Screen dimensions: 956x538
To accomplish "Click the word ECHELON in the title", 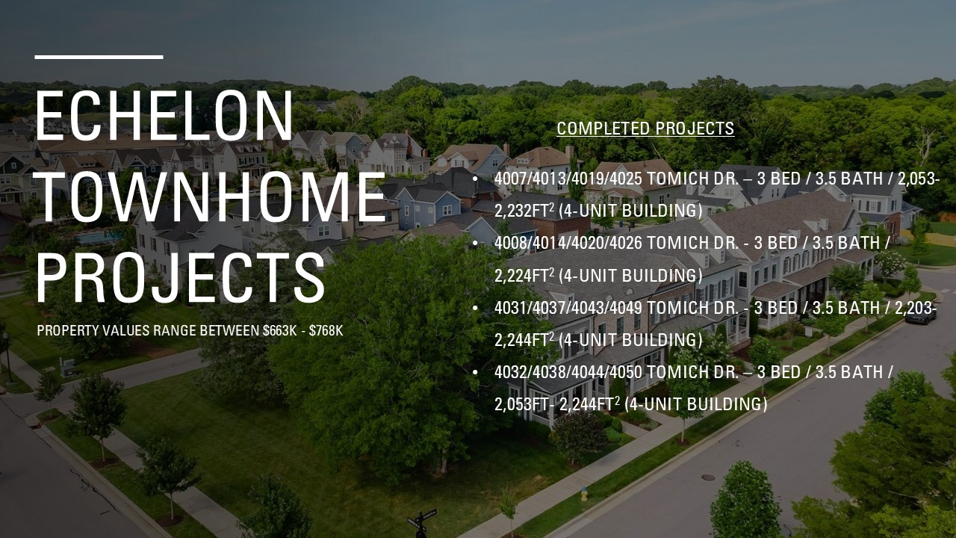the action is [164, 115].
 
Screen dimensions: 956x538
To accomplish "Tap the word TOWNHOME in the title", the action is [210, 197].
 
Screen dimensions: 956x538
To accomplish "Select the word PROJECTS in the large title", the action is [181, 278].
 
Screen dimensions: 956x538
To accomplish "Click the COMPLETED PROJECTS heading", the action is [645, 129].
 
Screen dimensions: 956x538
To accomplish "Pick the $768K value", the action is [326, 330].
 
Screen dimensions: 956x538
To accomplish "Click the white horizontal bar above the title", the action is [99, 57].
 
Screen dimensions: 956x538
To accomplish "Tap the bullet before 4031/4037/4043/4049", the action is [476, 308].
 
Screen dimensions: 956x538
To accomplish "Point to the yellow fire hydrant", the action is [585, 494].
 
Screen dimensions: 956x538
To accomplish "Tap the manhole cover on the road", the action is [707, 477].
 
